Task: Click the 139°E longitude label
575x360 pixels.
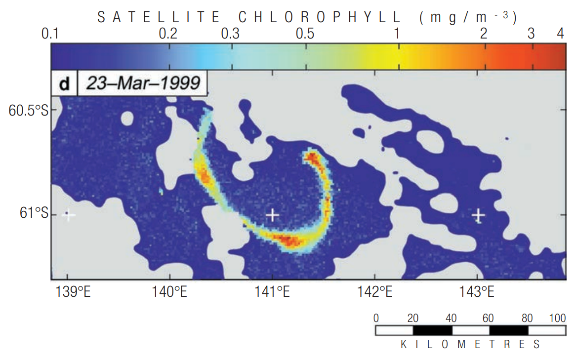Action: [73, 292]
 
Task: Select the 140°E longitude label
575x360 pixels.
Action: [169, 292]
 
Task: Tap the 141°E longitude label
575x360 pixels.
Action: [272, 292]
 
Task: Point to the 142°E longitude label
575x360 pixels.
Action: [375, 292]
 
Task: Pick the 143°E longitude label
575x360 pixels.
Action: [477, 292]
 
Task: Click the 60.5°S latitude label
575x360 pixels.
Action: [28, 110]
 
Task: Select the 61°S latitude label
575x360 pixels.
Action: [34, 213]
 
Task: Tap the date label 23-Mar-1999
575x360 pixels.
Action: [143, 83]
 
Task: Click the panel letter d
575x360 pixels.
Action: [64, 84]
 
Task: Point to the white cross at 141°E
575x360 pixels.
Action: [272, 215]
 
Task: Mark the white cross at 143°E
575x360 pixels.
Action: [478, 215]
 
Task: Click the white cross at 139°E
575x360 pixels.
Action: [68, 215]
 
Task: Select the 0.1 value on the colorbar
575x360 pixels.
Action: [50, 34]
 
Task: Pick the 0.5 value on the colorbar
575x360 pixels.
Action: [305, 34]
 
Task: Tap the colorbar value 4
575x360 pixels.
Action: [560, 34]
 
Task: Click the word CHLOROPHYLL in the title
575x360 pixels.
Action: [319, 17]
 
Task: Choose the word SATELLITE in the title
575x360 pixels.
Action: [159, 17]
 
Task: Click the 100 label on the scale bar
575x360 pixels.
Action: [557, 318]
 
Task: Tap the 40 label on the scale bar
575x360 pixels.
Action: [451, 318]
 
